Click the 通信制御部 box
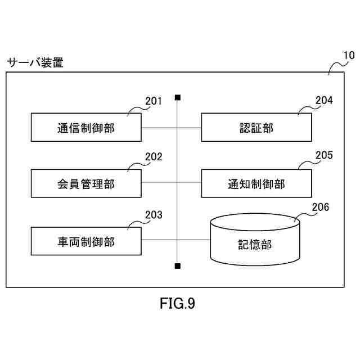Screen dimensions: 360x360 86,127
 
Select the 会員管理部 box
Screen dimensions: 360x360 86,183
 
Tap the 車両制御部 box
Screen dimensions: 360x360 86,241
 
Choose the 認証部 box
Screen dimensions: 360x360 256,127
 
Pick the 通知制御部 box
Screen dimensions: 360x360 256,183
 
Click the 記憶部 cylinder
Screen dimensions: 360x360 255,240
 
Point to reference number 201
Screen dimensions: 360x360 154,101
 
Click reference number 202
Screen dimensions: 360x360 154,157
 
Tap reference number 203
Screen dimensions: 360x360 154,215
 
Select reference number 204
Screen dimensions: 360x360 324,100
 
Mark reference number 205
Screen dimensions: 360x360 324,155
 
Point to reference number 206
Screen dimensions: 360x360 320,207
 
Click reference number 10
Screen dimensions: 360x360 349,55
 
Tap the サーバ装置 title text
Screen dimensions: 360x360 35,62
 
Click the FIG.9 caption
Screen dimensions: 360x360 178,303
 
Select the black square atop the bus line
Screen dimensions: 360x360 178,97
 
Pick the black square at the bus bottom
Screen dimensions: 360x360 178,266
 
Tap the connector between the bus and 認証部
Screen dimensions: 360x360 190,128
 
